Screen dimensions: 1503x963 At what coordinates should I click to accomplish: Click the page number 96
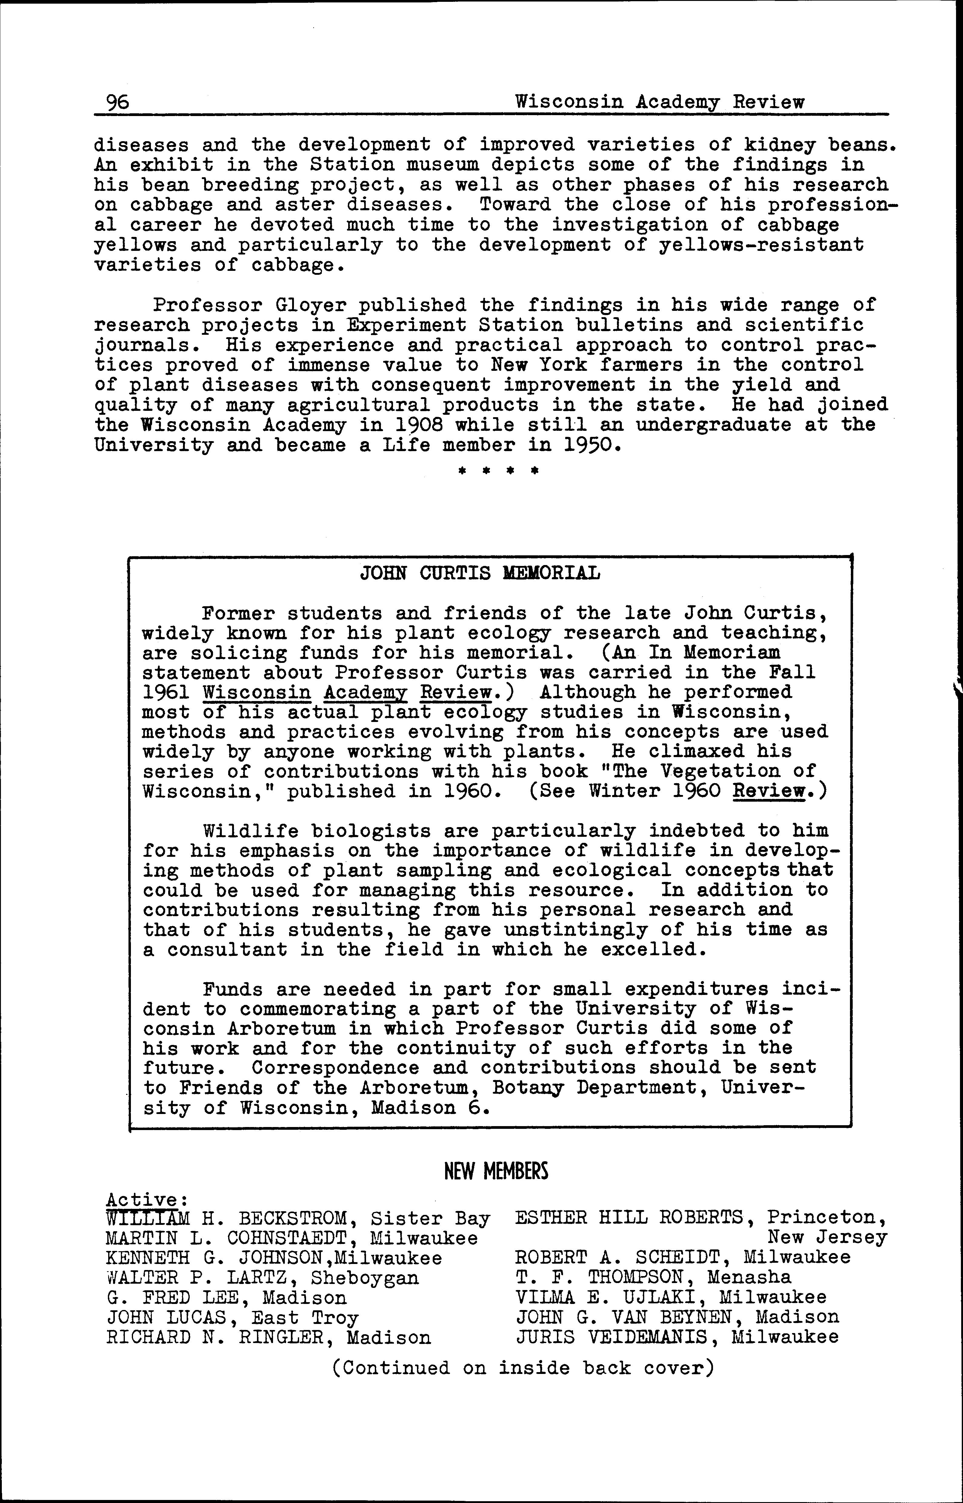(118, 102)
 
